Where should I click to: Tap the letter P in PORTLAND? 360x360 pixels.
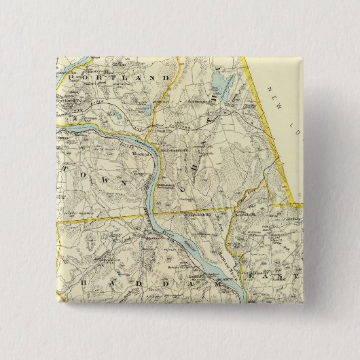click(x=71, y=79)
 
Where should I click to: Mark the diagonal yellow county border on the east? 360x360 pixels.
click(x=265, y=115)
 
